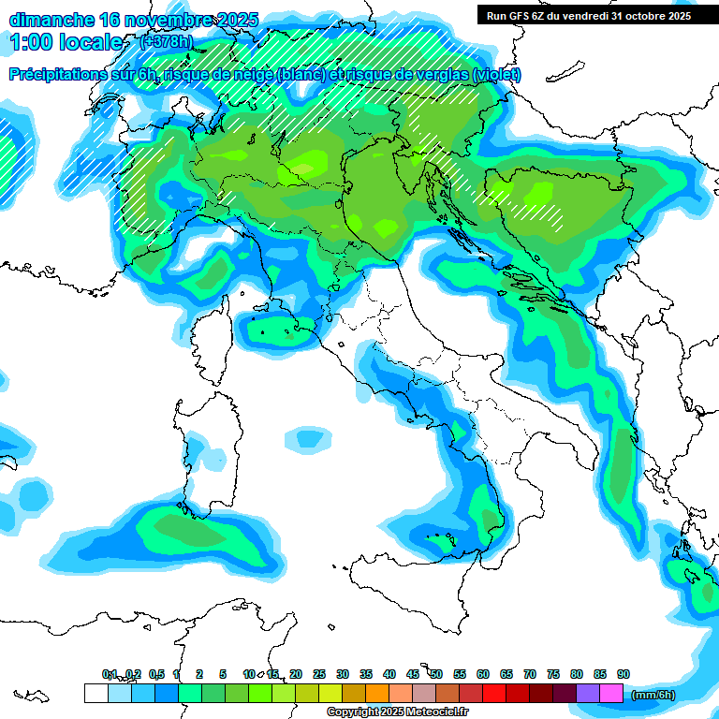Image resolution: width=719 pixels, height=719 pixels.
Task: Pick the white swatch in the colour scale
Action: click(x=95, y=693)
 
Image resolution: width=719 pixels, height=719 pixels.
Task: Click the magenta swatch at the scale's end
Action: click(x=611, y=693)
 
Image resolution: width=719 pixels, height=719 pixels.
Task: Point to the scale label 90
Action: click(x=624, y=674)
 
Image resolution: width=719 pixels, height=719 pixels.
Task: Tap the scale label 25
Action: click(x=319, y=674)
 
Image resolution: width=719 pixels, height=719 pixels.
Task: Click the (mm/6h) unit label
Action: click(x=653, y=695)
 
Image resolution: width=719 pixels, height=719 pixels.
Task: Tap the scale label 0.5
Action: click(x=155, y=674)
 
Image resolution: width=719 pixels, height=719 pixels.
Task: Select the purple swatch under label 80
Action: click(x=588, y=693)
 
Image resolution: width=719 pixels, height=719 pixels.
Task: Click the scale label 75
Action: click(x=553, y=674)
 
